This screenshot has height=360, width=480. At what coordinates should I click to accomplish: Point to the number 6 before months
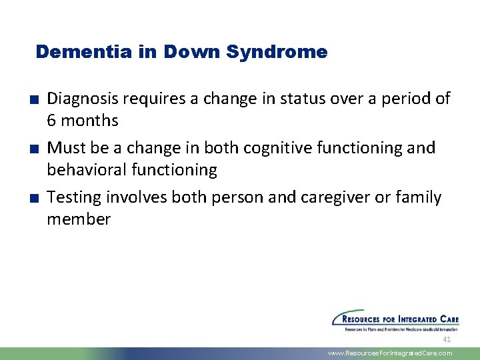(51, 121)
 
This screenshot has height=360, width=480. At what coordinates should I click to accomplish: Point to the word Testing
(73, 198)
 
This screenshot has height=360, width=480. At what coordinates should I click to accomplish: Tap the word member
(79, 219)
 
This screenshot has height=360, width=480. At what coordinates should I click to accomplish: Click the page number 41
(447, 339)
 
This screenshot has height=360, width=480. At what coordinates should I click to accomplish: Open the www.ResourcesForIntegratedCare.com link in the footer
(390, 353)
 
